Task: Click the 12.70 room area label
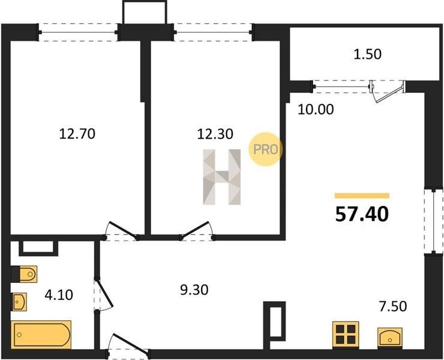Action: [77, 134]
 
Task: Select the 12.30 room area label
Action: [215, 134]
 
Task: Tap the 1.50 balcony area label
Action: [368, 54]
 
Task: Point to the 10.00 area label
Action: [316, 109]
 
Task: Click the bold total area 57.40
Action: [362, 214]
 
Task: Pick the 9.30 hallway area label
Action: [194, 290]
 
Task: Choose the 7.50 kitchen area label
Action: [393, 306]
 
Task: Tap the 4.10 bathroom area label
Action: [59, 295]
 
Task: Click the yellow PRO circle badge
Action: [265, 149]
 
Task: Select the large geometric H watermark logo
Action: [222, 177]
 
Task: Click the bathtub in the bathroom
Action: [41, 335]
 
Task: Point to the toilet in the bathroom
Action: [25, 274]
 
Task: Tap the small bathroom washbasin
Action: [19, 302]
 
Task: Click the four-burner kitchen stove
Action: [346, 335]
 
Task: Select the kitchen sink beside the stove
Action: [390, 338]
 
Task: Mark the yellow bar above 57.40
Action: [362, 196]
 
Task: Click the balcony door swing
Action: [388, 91]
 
